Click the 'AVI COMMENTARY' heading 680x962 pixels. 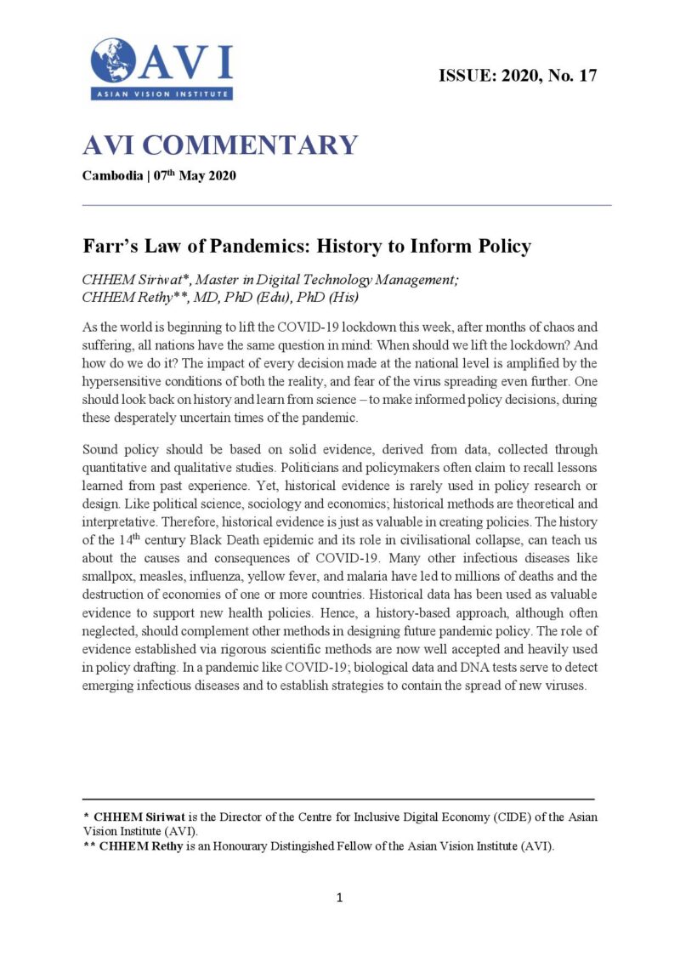pos(220,145)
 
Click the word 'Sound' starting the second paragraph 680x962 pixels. pos(101,449)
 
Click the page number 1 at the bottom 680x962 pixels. pos(339,897)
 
